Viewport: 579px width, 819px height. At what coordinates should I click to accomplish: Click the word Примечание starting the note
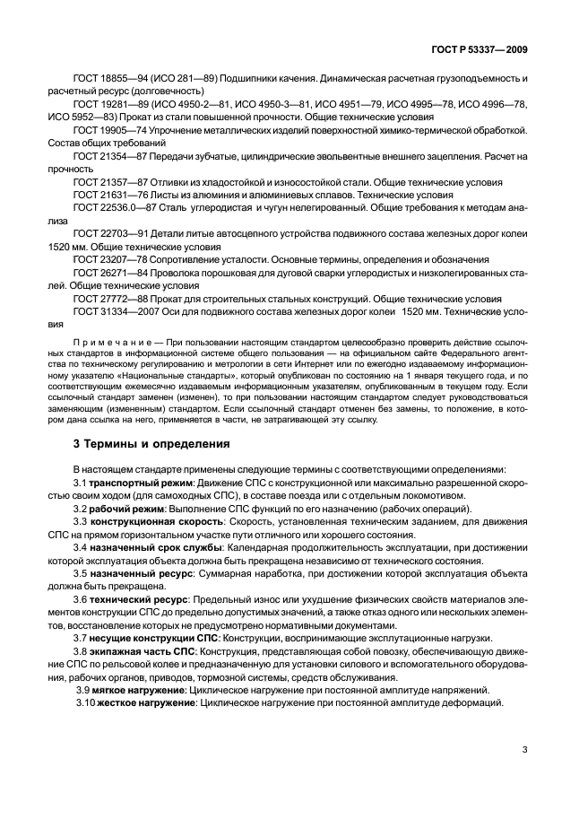[108, 344]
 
